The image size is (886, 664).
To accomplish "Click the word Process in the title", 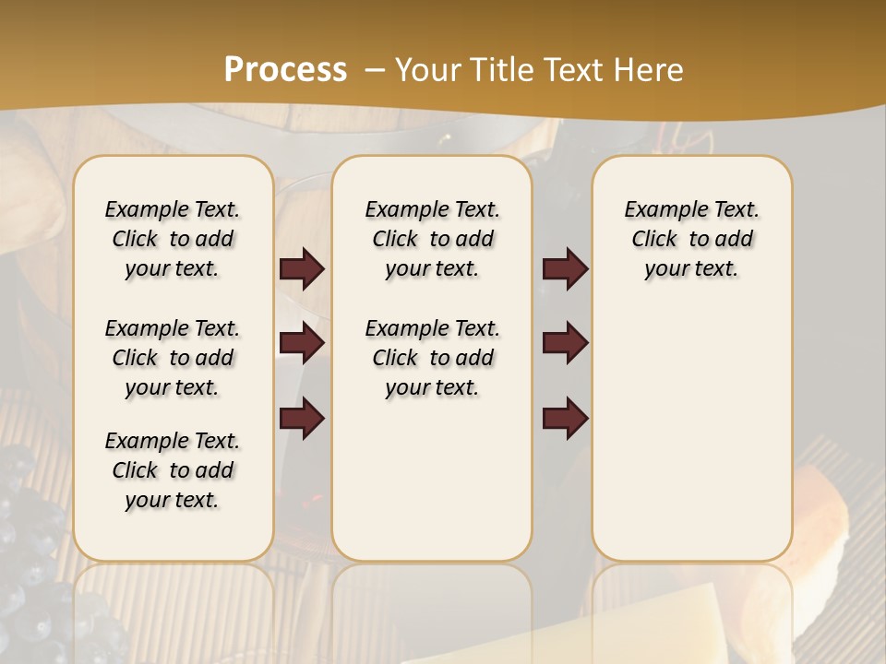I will pos(285,70).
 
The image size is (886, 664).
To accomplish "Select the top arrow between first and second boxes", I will pos(302,268).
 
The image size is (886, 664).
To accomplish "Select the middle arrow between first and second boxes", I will pos(302,343).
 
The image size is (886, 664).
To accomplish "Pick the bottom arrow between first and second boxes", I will pos(302,418).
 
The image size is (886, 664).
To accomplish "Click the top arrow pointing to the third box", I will pos(565,268).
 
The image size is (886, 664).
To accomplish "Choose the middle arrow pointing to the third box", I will pos(565,343).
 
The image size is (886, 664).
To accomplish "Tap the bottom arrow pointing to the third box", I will pos(565,418).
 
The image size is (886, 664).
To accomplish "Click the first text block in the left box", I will pos(173,239).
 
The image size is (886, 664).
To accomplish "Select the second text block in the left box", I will pos(173,358).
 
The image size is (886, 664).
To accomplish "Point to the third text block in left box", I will pos(173,470).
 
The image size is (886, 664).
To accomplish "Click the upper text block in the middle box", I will pos(432,239).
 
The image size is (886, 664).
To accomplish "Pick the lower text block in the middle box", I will pos(432,358).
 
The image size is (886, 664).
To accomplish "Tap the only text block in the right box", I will pos(691,239).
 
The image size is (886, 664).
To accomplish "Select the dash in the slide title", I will pos(374,70).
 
